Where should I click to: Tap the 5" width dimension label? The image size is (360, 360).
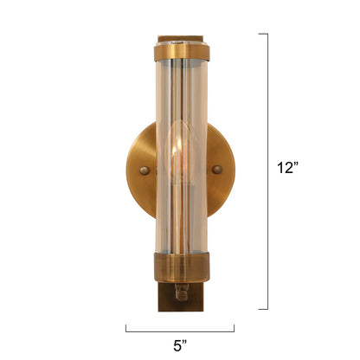pyautogui.click(x=180, y=345)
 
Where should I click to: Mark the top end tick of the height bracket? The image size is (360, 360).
pyautogui.click(x=262, y=34)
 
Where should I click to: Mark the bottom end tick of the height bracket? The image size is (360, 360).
pyautogui.click(x=262, y=308)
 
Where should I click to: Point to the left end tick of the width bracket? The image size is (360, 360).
pyautogui.click(x=126, y=328)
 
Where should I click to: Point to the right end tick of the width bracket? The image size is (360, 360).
pyautogui.click(x=234, y=328)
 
